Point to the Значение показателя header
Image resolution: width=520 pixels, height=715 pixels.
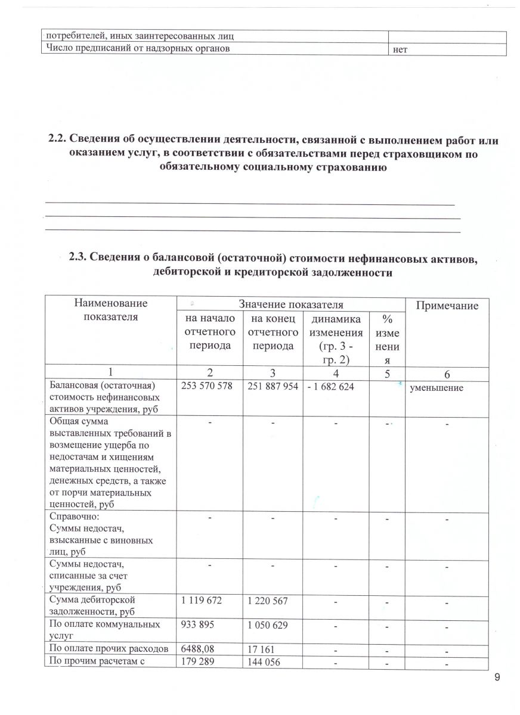290,304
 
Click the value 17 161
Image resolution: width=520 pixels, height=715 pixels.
260,650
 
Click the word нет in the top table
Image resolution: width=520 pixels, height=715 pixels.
400,51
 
